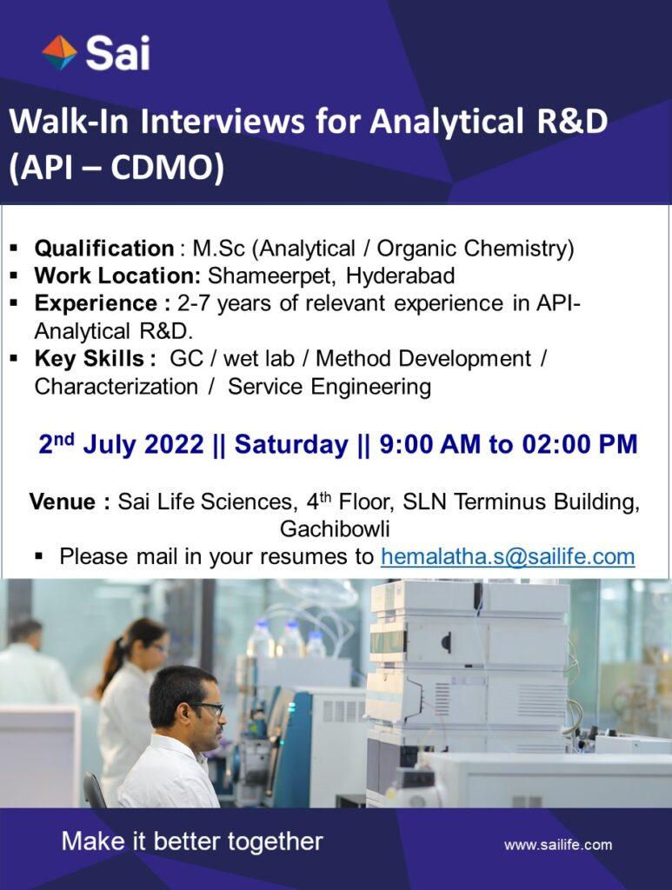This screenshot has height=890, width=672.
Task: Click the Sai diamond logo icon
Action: point(60,53)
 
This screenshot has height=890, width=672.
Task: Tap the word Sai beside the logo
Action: point(117,53)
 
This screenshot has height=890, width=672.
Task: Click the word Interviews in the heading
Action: point(222,121)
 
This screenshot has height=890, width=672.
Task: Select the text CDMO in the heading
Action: point(162,168)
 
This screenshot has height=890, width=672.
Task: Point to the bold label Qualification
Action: point(104,249)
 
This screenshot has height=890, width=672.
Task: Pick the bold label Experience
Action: point(96,303)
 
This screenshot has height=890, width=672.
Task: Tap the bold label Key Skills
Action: point(90,359)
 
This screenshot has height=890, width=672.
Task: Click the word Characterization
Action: point(116,387)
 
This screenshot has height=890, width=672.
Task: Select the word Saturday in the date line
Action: point(291,444)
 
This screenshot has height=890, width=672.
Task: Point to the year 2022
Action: point(174,444)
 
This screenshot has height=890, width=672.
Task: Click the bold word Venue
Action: point(63,501)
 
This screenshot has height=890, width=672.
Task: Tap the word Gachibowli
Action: point(335,529)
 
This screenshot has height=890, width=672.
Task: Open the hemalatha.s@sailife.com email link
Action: point(508,556)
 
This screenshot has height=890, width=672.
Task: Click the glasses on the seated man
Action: point(207,707)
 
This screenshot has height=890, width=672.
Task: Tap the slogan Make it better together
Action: point(192,841)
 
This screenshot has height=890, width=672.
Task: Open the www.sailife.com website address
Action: point(558,845)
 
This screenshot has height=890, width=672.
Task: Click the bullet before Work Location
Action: point(14,276)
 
